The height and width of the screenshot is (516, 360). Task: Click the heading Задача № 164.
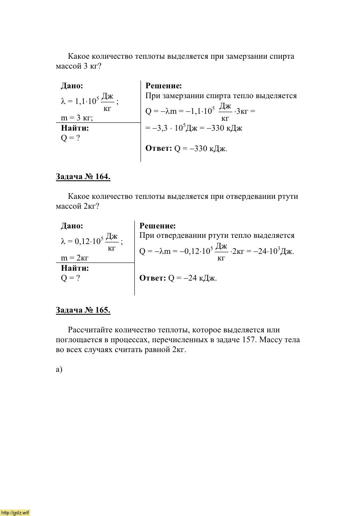pos(83,177)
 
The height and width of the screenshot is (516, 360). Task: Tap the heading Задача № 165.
pos(83,310)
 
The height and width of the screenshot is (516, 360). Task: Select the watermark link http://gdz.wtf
pos(15,513)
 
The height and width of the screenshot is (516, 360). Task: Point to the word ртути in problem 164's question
pos(288,196)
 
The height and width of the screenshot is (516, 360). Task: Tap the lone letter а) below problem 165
pos(59,369)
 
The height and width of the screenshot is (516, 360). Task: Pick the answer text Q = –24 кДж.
pos(192,278)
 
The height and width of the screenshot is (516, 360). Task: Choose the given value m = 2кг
pos(75,258)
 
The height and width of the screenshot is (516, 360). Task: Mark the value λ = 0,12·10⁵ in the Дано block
pos(82,241)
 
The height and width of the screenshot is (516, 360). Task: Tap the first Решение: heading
pos(164,86)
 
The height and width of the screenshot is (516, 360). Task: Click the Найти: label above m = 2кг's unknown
pos(75,268)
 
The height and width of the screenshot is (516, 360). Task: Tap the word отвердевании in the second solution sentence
pos(180,235)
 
